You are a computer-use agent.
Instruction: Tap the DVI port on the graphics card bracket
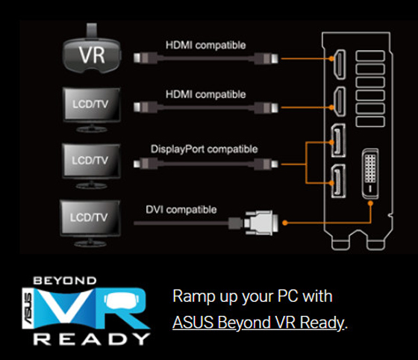pos(370,174)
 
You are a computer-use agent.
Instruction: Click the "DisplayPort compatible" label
pos(205,149)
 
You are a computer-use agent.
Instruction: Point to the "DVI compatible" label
pos(181,210)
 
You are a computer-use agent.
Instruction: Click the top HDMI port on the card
pos(340,64)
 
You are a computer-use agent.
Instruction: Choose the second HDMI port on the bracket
pos(340,102)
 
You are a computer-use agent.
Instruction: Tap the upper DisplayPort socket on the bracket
pos(338,140)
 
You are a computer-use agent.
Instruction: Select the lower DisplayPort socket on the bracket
pos(338,181)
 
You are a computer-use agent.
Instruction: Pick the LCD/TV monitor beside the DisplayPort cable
pos(91,166)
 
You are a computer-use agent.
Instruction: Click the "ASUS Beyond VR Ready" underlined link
pos(258,323)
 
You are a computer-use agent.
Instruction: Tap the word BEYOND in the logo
pos(65,281)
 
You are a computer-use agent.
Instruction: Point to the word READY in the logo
pos(91,339)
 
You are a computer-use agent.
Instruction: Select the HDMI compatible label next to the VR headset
pos(205,45)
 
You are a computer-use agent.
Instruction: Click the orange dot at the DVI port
pos(370,203)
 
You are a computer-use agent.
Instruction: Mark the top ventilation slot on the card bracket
pos(370,56)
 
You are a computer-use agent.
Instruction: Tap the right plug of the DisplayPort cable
pos(266,164)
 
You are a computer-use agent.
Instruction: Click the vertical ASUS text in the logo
pos(28,308)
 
